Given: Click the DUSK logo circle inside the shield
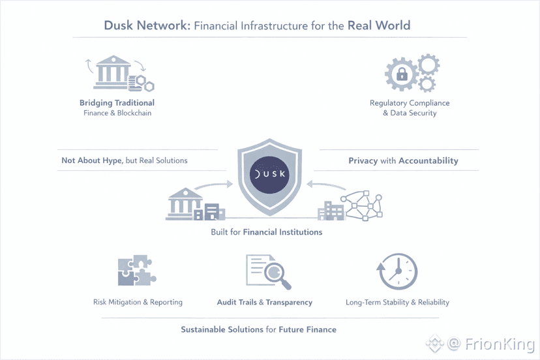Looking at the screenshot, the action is point(270,175).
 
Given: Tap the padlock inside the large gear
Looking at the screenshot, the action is point(401,75).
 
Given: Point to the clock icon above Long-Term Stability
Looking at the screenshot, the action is point(397,271).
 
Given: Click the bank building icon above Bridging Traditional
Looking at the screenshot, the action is point(112,73).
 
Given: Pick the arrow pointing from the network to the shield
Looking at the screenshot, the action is point(327,185).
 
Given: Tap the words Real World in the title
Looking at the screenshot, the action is point(379,26).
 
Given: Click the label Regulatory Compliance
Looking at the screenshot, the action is point(410,103).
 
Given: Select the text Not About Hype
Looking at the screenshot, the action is point(91,160).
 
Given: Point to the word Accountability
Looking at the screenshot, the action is point(428,160).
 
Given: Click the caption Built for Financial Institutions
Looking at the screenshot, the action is point(266,232).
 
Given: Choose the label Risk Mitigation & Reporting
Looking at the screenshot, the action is point(138,303).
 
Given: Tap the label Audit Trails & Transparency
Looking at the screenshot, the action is point(264,303).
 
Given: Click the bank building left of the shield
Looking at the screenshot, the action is point(185,203).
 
